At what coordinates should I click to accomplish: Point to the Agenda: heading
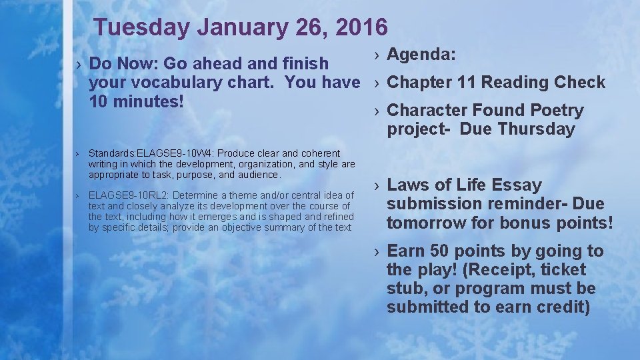click(x=421, y=55)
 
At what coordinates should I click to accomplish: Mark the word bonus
click(x=512, y=222)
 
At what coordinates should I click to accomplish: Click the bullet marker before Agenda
click(x=377, y=55)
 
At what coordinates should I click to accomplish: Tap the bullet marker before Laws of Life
click(x=377, y=185)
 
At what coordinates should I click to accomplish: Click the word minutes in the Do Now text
click(x=147, y=102)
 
